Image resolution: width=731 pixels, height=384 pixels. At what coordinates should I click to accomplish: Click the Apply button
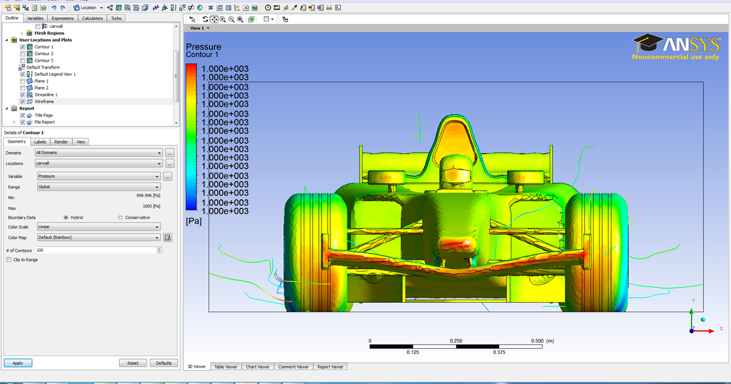[18, 363]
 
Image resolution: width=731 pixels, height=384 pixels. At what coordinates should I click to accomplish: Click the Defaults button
[163, 363]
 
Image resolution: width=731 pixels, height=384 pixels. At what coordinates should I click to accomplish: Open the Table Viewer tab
[225, 367]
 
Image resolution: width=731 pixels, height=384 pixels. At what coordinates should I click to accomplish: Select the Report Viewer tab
[330, 367]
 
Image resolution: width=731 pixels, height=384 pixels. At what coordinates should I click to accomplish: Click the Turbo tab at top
[116, 18]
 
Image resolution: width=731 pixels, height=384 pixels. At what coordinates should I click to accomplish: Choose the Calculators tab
[92, 18]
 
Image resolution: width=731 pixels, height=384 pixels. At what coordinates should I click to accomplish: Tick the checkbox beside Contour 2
[23, 54]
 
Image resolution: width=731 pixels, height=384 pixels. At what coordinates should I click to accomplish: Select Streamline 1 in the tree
[46, 95]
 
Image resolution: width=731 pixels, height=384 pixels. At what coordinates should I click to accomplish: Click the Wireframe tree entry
[44, 102]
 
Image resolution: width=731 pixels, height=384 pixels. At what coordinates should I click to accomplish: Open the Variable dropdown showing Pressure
[98, 176]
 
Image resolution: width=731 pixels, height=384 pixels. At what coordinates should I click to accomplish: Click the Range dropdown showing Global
[98, 187]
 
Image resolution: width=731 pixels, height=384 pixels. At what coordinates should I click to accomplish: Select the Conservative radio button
[120, 217]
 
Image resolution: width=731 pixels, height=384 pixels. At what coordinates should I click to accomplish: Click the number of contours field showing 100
[96, 250]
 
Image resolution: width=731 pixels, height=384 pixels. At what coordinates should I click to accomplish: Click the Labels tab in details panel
[40, 142]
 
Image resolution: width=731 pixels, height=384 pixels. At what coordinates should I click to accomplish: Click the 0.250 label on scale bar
[456, 341]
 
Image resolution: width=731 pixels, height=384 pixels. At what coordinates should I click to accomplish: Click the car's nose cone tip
[467, 244]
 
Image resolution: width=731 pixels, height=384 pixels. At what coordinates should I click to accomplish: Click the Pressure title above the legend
[203, 47]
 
